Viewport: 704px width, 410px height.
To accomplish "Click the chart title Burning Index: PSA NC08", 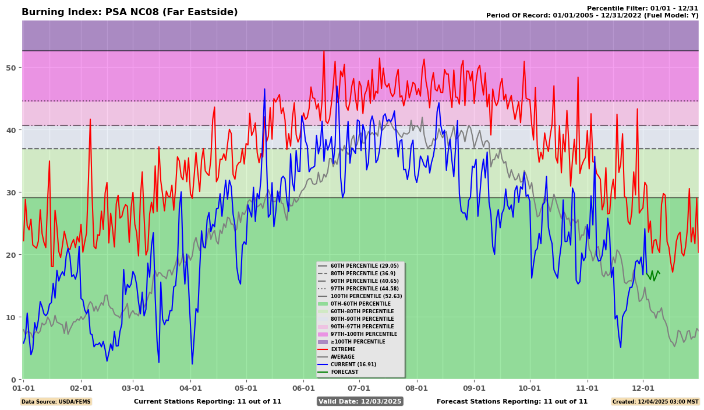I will point(129,12).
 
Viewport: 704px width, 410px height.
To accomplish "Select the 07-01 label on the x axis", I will point(359,388).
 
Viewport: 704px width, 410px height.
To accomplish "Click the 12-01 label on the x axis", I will point(643,388).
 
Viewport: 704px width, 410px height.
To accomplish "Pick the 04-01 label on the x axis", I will point(190,388).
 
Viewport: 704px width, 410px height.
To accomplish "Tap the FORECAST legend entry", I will point(344,372).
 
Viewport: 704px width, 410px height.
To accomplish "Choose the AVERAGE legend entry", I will point(343,357).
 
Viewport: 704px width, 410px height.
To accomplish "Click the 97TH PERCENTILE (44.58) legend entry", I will point(365,289).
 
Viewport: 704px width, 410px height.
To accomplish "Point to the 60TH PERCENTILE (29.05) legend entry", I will point(365,266).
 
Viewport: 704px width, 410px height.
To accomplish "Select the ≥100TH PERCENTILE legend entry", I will point(358,342).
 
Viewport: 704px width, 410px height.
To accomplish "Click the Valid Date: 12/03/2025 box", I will point(360,401).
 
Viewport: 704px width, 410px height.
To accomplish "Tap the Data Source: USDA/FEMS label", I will point(56,401).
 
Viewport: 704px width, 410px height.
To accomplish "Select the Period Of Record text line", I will point(592,16).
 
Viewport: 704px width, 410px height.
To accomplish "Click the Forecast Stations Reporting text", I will point(512,401).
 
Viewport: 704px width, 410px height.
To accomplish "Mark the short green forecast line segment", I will point(653,275).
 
